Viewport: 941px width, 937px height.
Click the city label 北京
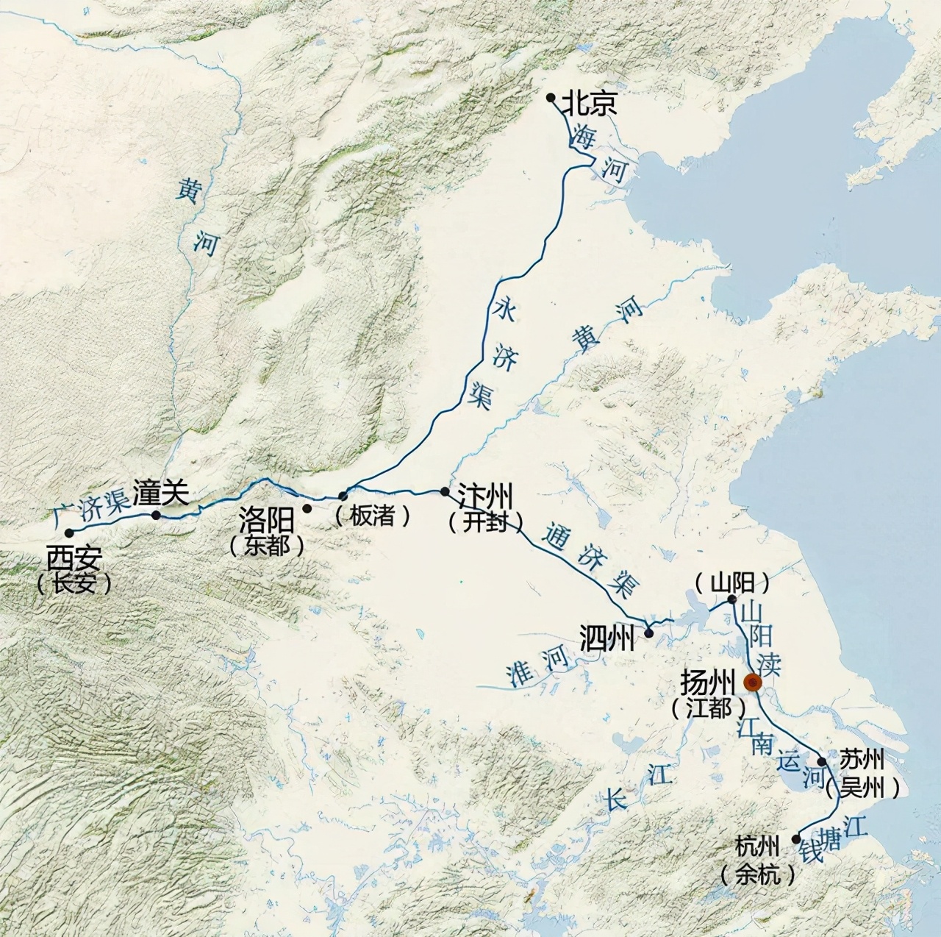click(x=590, y=104)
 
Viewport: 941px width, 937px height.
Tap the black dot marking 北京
click(x=551, y=97)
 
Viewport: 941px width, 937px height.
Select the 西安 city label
click(x=74, y=558)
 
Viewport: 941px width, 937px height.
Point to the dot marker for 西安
click(x=68, y=532)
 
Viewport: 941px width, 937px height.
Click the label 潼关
click(x=161, y=492)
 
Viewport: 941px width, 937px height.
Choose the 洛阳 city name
click(x=266, y=521)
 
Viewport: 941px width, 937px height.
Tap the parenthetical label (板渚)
click(x=373, y=516)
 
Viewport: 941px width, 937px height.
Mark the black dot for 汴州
click(x=445, y=491)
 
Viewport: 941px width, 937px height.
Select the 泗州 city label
click(x=607, y=638)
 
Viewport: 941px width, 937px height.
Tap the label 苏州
click(x=862, y=759)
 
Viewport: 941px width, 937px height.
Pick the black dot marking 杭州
click(x=796, y=838)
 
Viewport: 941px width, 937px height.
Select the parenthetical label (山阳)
click(x=732, y=583)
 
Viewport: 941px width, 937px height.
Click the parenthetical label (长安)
click(x=74, y=584)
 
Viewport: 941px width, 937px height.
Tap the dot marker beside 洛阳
click(x=307, y=508)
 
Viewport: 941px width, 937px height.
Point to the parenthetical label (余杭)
click(x=758, y=874)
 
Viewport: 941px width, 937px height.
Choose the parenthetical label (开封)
click(x=486, y=521)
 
